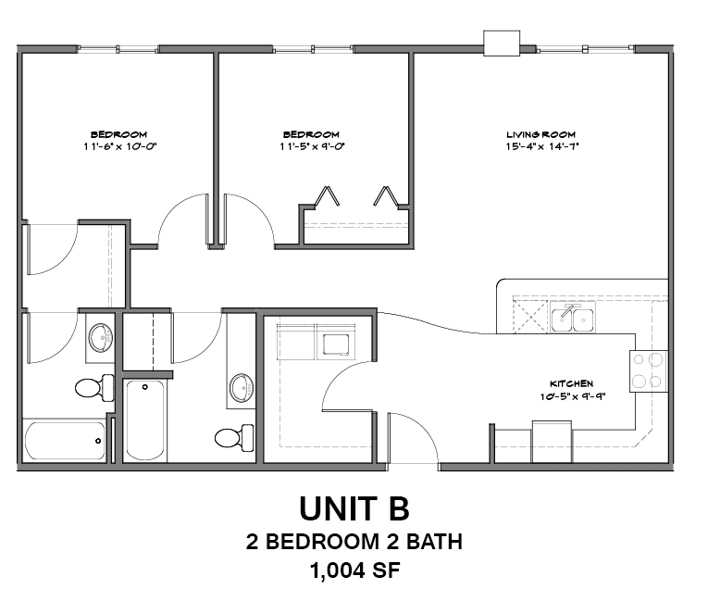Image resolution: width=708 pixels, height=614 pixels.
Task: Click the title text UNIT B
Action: [x=354, y=509]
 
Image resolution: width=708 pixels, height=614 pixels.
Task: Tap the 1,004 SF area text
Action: [x=354, y=570]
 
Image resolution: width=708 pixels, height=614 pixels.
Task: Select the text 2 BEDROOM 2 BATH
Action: [x=354, y=542]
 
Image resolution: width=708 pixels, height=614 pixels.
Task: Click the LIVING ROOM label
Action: [x=541, y=134]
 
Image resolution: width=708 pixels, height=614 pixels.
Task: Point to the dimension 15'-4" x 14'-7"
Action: [x=541, y=146]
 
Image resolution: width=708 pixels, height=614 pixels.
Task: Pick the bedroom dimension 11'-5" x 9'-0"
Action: [x=310, y=146]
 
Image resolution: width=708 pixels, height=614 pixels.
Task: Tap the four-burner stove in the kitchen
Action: [x=649, y=370]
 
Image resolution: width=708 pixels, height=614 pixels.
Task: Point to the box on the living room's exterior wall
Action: [x=502, y=43]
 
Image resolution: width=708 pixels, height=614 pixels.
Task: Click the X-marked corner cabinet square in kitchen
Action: [x=530, y=315]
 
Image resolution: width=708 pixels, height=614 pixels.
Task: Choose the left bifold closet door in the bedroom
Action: [x=326, y=196]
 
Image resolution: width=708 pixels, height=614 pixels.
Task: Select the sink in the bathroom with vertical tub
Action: [x=242, y=386]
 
